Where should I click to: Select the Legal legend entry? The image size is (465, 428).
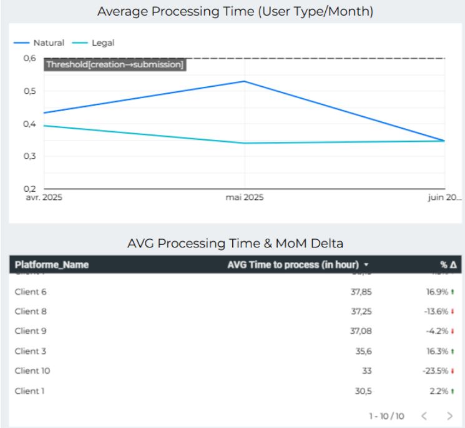click(103, 43)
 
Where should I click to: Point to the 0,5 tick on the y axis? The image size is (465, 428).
click(29, 91)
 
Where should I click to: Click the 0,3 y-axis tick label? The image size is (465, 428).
click(29, 156)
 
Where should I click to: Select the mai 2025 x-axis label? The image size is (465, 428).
click(245, 198)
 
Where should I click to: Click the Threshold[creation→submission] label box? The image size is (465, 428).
click(115, 64)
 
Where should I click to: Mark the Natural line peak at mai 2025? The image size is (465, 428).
click(245, 81)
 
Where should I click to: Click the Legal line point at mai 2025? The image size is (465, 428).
click(245, 143)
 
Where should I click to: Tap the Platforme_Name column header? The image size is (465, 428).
click(52, 265)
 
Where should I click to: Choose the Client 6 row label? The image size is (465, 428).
click(31, 292)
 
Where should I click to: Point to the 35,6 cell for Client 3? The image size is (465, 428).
click(365, 351)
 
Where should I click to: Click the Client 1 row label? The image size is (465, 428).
click(30, 391)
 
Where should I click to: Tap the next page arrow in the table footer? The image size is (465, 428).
click(450, 416)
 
